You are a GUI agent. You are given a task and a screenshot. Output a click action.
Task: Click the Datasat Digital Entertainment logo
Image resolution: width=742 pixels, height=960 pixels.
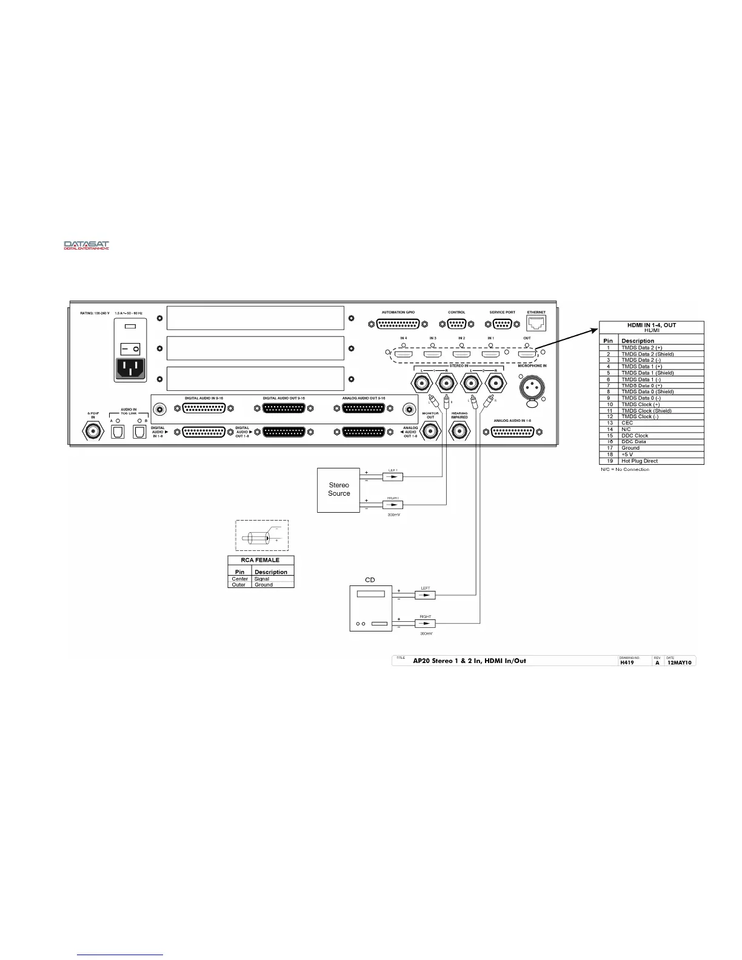pos(87,245)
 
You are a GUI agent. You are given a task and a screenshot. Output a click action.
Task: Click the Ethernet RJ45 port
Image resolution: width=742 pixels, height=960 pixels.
pos(536,322)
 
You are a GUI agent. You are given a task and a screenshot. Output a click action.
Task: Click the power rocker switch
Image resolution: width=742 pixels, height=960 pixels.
pos(130,348)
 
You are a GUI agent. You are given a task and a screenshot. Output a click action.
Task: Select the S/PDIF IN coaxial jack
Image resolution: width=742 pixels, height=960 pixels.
pos(93,432)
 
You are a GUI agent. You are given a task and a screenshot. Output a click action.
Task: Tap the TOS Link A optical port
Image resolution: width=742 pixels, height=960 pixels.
pos(117,432)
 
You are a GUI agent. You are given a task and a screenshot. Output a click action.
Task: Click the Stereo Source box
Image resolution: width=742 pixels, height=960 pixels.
pos(339,490)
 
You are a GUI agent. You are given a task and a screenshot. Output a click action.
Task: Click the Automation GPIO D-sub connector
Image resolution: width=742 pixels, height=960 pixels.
pos(398,324)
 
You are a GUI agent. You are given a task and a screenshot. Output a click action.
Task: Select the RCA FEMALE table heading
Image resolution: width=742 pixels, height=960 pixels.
pos(261,560)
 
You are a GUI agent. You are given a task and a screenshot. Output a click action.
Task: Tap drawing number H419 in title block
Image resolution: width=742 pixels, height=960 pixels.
pos(626,662)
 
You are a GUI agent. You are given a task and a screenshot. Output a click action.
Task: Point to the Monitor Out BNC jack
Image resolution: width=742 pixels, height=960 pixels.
pos(430,432)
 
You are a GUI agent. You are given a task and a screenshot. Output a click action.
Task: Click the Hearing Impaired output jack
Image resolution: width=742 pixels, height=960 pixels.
pos(459,432)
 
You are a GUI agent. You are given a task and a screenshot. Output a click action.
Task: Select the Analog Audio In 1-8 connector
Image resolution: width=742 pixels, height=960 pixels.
pos(512,432)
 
